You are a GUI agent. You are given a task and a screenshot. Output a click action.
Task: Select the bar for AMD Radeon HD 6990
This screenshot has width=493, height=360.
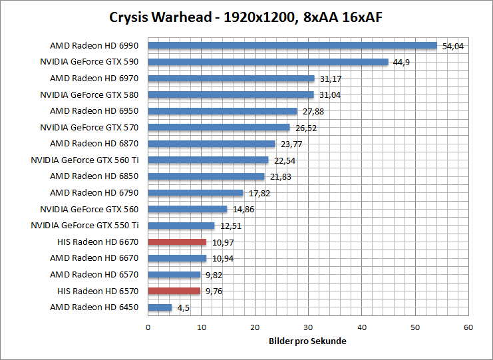[292, 46]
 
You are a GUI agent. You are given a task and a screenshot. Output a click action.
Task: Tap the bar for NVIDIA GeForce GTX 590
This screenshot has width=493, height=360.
[267, 62]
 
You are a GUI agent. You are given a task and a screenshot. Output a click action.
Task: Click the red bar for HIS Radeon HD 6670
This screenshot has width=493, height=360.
[177, 242]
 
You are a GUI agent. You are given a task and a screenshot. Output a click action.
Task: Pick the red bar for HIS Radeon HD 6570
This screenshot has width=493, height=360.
[174, 290]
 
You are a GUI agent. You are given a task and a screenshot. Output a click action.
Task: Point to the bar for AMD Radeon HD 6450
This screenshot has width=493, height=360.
[160, 307]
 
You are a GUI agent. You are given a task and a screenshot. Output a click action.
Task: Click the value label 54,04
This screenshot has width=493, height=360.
[452, 47]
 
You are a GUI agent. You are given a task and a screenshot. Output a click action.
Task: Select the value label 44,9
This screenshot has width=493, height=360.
[401, 63]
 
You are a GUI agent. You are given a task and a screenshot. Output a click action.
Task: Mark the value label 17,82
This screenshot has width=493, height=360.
[259, 193]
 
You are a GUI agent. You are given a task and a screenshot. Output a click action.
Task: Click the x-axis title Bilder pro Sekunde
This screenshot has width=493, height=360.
[307, 341]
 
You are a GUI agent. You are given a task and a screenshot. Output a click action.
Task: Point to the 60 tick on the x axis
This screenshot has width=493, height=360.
[468, 327]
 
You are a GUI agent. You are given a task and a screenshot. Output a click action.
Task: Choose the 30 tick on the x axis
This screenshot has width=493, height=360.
[308, 327]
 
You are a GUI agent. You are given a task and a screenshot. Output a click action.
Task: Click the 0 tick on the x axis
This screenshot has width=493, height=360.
[148, 327]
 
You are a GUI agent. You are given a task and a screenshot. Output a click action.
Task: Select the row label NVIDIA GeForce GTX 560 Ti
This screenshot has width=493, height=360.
[84, 160]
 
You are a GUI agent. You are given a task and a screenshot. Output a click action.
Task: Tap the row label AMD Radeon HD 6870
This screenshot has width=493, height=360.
[94, 143]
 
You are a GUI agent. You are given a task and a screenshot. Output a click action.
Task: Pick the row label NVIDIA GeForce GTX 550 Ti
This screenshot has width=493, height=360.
[84, 225]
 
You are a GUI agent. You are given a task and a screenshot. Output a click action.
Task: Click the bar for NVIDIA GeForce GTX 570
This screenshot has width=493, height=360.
[219, 127]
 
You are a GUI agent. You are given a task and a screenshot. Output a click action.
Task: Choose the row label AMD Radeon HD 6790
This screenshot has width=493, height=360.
[94, 192]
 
